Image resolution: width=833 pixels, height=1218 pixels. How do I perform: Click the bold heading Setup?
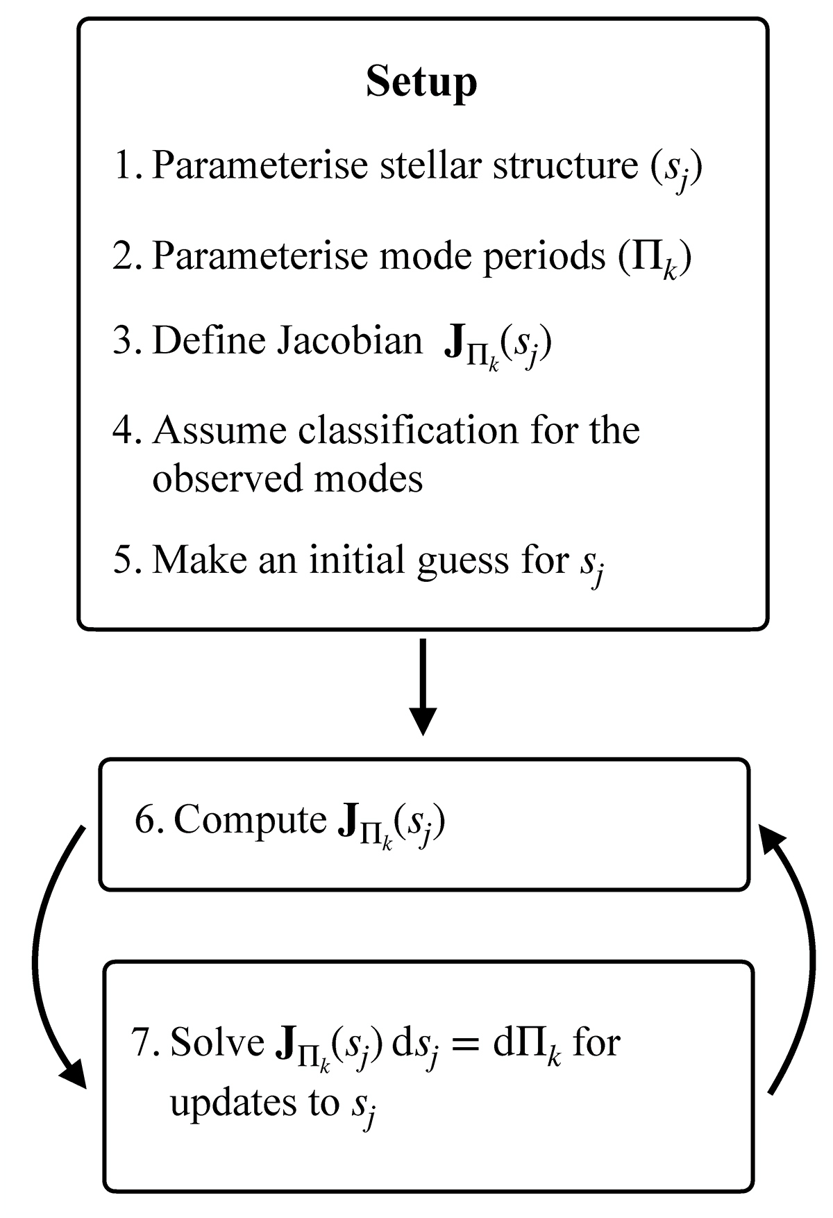click(x=421, y=82)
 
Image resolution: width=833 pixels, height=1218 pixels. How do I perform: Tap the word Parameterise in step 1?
click(x=260, y=166)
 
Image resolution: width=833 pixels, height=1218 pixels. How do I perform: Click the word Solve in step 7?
click(x=217, y=1042)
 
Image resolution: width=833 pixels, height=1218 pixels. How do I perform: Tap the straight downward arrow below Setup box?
click(x=422, y=687)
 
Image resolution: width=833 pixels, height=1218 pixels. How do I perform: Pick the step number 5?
click(x=126, y=560)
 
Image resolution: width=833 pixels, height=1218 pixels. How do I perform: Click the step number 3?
click(x=126, y=341)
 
